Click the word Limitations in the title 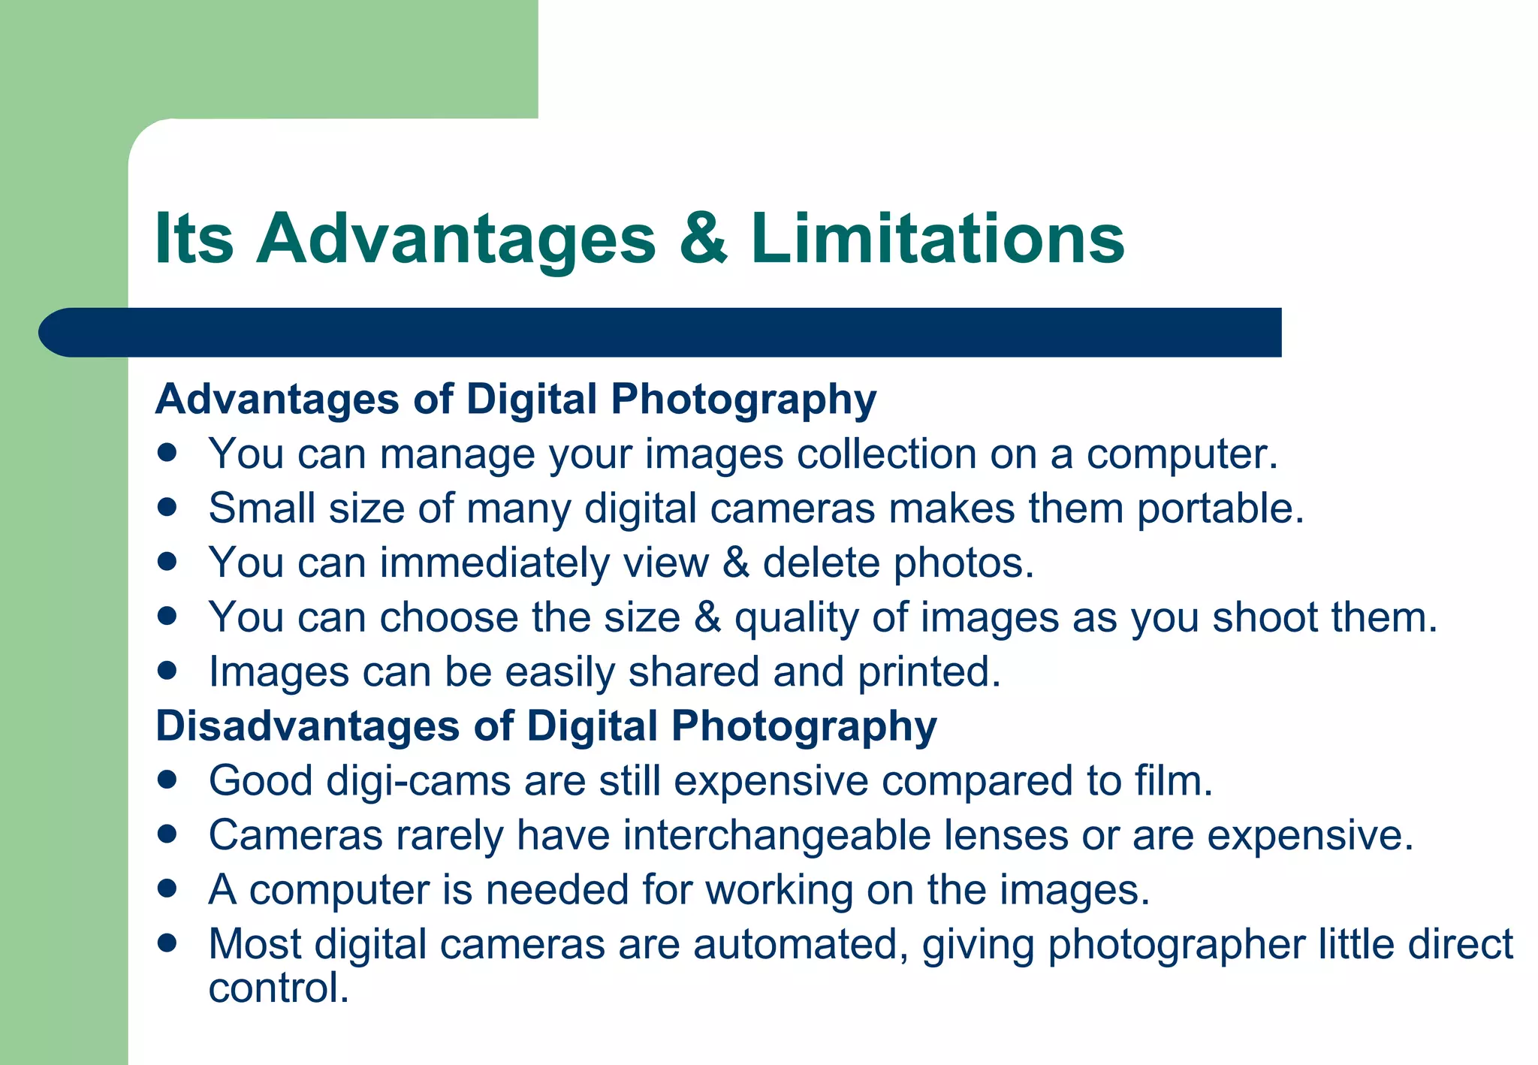937,238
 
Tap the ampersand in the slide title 703,238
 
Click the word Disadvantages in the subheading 307,726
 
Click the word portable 1220,509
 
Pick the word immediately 494,563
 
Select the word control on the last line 278,988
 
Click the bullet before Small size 167,507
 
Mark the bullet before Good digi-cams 167,780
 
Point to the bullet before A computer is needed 167,889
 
